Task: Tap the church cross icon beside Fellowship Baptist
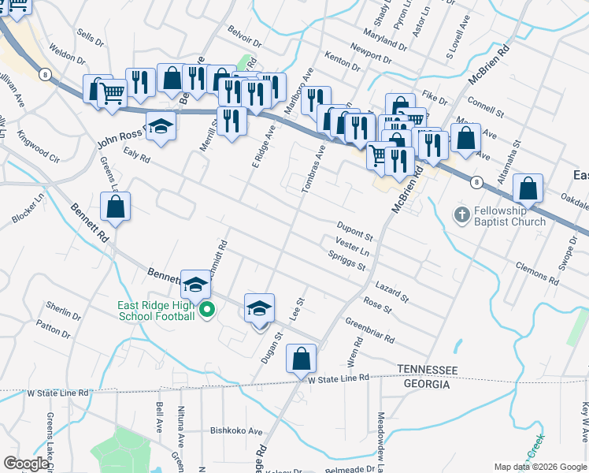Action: (462, 214)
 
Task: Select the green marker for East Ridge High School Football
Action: (207, 310)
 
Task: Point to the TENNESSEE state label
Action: (427, 370)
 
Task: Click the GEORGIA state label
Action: (427, 384)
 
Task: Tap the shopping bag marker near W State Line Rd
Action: (302, 359)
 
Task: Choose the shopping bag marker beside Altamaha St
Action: (528, 189)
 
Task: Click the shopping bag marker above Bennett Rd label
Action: (116, 207)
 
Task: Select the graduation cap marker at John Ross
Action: (160, 127)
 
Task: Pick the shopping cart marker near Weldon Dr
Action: (113, 92)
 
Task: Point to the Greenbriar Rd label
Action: (369, 327)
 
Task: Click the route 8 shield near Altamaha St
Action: (476, 182)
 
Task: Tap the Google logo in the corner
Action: (26, 464)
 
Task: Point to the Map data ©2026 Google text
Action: (540, 466)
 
